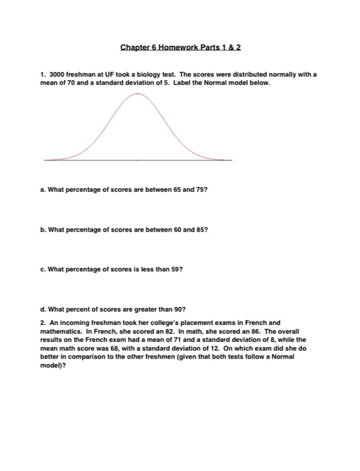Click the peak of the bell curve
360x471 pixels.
pyautogui.click(x=137, y=95)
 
